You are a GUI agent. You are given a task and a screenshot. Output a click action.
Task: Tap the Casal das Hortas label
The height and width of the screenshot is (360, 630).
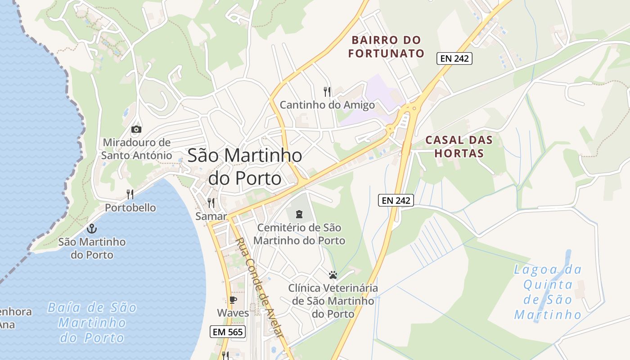coord(459,146)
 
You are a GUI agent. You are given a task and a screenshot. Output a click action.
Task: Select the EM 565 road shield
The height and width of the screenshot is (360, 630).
coord(228,332)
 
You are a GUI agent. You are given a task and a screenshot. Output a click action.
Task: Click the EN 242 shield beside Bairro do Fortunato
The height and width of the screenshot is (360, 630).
coord(454,58)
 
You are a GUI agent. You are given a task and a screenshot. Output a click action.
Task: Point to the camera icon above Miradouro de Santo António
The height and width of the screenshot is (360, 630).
coord(136,130)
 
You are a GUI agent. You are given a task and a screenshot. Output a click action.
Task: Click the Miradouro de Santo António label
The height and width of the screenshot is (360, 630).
coord(136,149)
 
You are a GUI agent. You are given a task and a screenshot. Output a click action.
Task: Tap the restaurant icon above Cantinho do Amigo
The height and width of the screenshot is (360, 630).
coord(327,92)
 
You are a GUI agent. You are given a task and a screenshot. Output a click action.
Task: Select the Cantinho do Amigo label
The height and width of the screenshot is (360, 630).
coord(327,105)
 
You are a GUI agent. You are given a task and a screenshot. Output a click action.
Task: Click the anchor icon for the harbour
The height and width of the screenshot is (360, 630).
coord(92,229)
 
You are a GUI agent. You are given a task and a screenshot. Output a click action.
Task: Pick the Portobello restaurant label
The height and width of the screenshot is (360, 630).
coord(130,208)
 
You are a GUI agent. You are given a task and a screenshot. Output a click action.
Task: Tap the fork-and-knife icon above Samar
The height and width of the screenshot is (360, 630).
coord(211,203)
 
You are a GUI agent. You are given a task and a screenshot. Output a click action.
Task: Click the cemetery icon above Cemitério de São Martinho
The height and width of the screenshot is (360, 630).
coord(299,214)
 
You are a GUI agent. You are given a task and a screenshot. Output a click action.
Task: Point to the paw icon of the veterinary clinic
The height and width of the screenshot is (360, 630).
coord(333,274)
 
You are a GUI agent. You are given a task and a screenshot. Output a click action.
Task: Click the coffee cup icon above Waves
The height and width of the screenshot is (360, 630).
coord(233,300)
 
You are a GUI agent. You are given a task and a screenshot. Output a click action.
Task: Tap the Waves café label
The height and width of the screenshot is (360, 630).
coord(233,313)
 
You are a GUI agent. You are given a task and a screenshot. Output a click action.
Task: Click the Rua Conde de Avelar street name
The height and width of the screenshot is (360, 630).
coord(260,288)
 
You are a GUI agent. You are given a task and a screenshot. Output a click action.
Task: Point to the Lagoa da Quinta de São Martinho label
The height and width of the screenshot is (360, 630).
coord(548,292)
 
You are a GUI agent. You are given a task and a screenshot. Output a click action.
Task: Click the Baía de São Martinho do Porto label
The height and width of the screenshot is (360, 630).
coord(92,323)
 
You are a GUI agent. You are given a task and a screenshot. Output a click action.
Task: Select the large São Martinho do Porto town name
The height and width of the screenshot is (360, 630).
coord(244,166)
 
